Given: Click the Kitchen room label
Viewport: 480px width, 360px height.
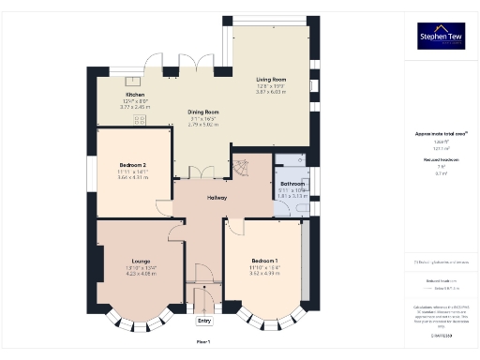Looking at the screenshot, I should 135,95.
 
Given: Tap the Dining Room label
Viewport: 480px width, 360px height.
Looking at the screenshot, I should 203,112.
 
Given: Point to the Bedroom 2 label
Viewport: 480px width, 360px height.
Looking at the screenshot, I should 132,165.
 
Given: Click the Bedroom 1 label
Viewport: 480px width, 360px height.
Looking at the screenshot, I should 263,260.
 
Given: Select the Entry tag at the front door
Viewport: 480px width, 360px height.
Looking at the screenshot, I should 204,321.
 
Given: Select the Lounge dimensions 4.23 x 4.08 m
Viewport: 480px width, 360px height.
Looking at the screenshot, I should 135,275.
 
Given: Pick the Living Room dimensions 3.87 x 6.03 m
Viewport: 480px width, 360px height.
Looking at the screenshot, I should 271,92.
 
